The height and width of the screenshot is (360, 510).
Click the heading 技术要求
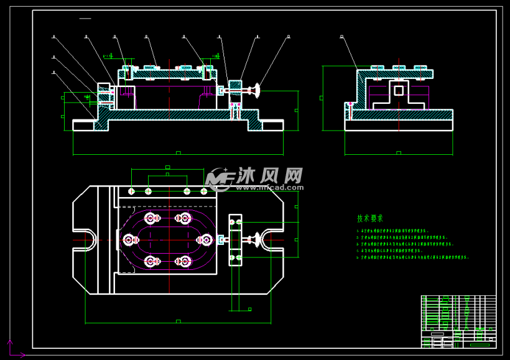point(370,218)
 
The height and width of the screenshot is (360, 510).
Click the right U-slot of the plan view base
point(272,239)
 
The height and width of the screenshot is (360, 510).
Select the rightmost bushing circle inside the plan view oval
point(205,239)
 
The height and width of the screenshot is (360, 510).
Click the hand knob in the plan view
point(255,239)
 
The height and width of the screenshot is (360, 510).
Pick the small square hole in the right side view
point(399,91)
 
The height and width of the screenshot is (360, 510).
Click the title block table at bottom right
point(458,321)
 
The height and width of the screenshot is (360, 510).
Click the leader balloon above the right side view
point(342,37)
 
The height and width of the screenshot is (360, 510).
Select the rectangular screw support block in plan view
point(236,239)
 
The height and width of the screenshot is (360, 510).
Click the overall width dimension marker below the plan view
point(178,321)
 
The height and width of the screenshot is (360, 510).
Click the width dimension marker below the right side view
point(399,152)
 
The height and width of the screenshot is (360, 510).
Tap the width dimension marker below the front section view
point(178,152)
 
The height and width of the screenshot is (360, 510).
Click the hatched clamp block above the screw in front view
point(235,85)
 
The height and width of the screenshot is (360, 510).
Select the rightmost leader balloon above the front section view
point(289,37)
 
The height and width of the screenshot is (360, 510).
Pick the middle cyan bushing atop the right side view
point(399,67)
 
